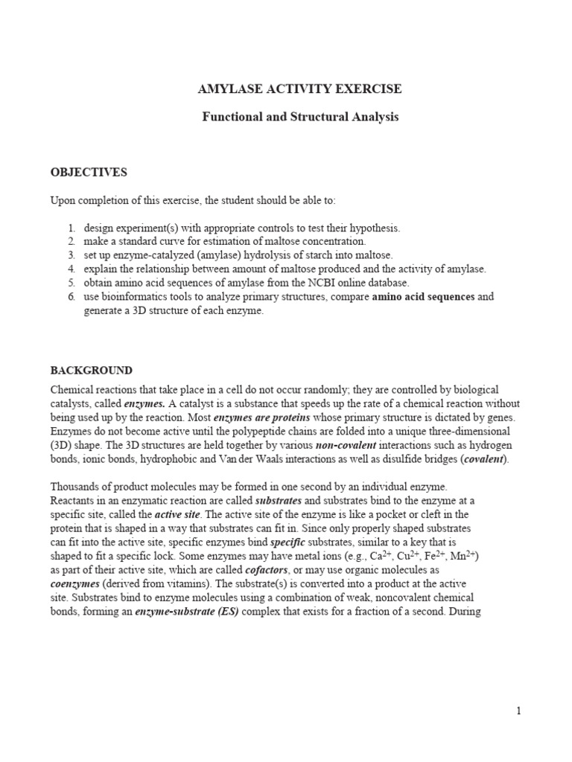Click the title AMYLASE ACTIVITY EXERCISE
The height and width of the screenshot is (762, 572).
click(x=299, y=89)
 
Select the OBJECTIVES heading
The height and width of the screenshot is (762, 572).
click(x=89, y=173)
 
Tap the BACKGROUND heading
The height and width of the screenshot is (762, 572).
click(x=91, y=370)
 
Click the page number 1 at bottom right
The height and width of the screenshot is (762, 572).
click(x=518, y=711)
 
